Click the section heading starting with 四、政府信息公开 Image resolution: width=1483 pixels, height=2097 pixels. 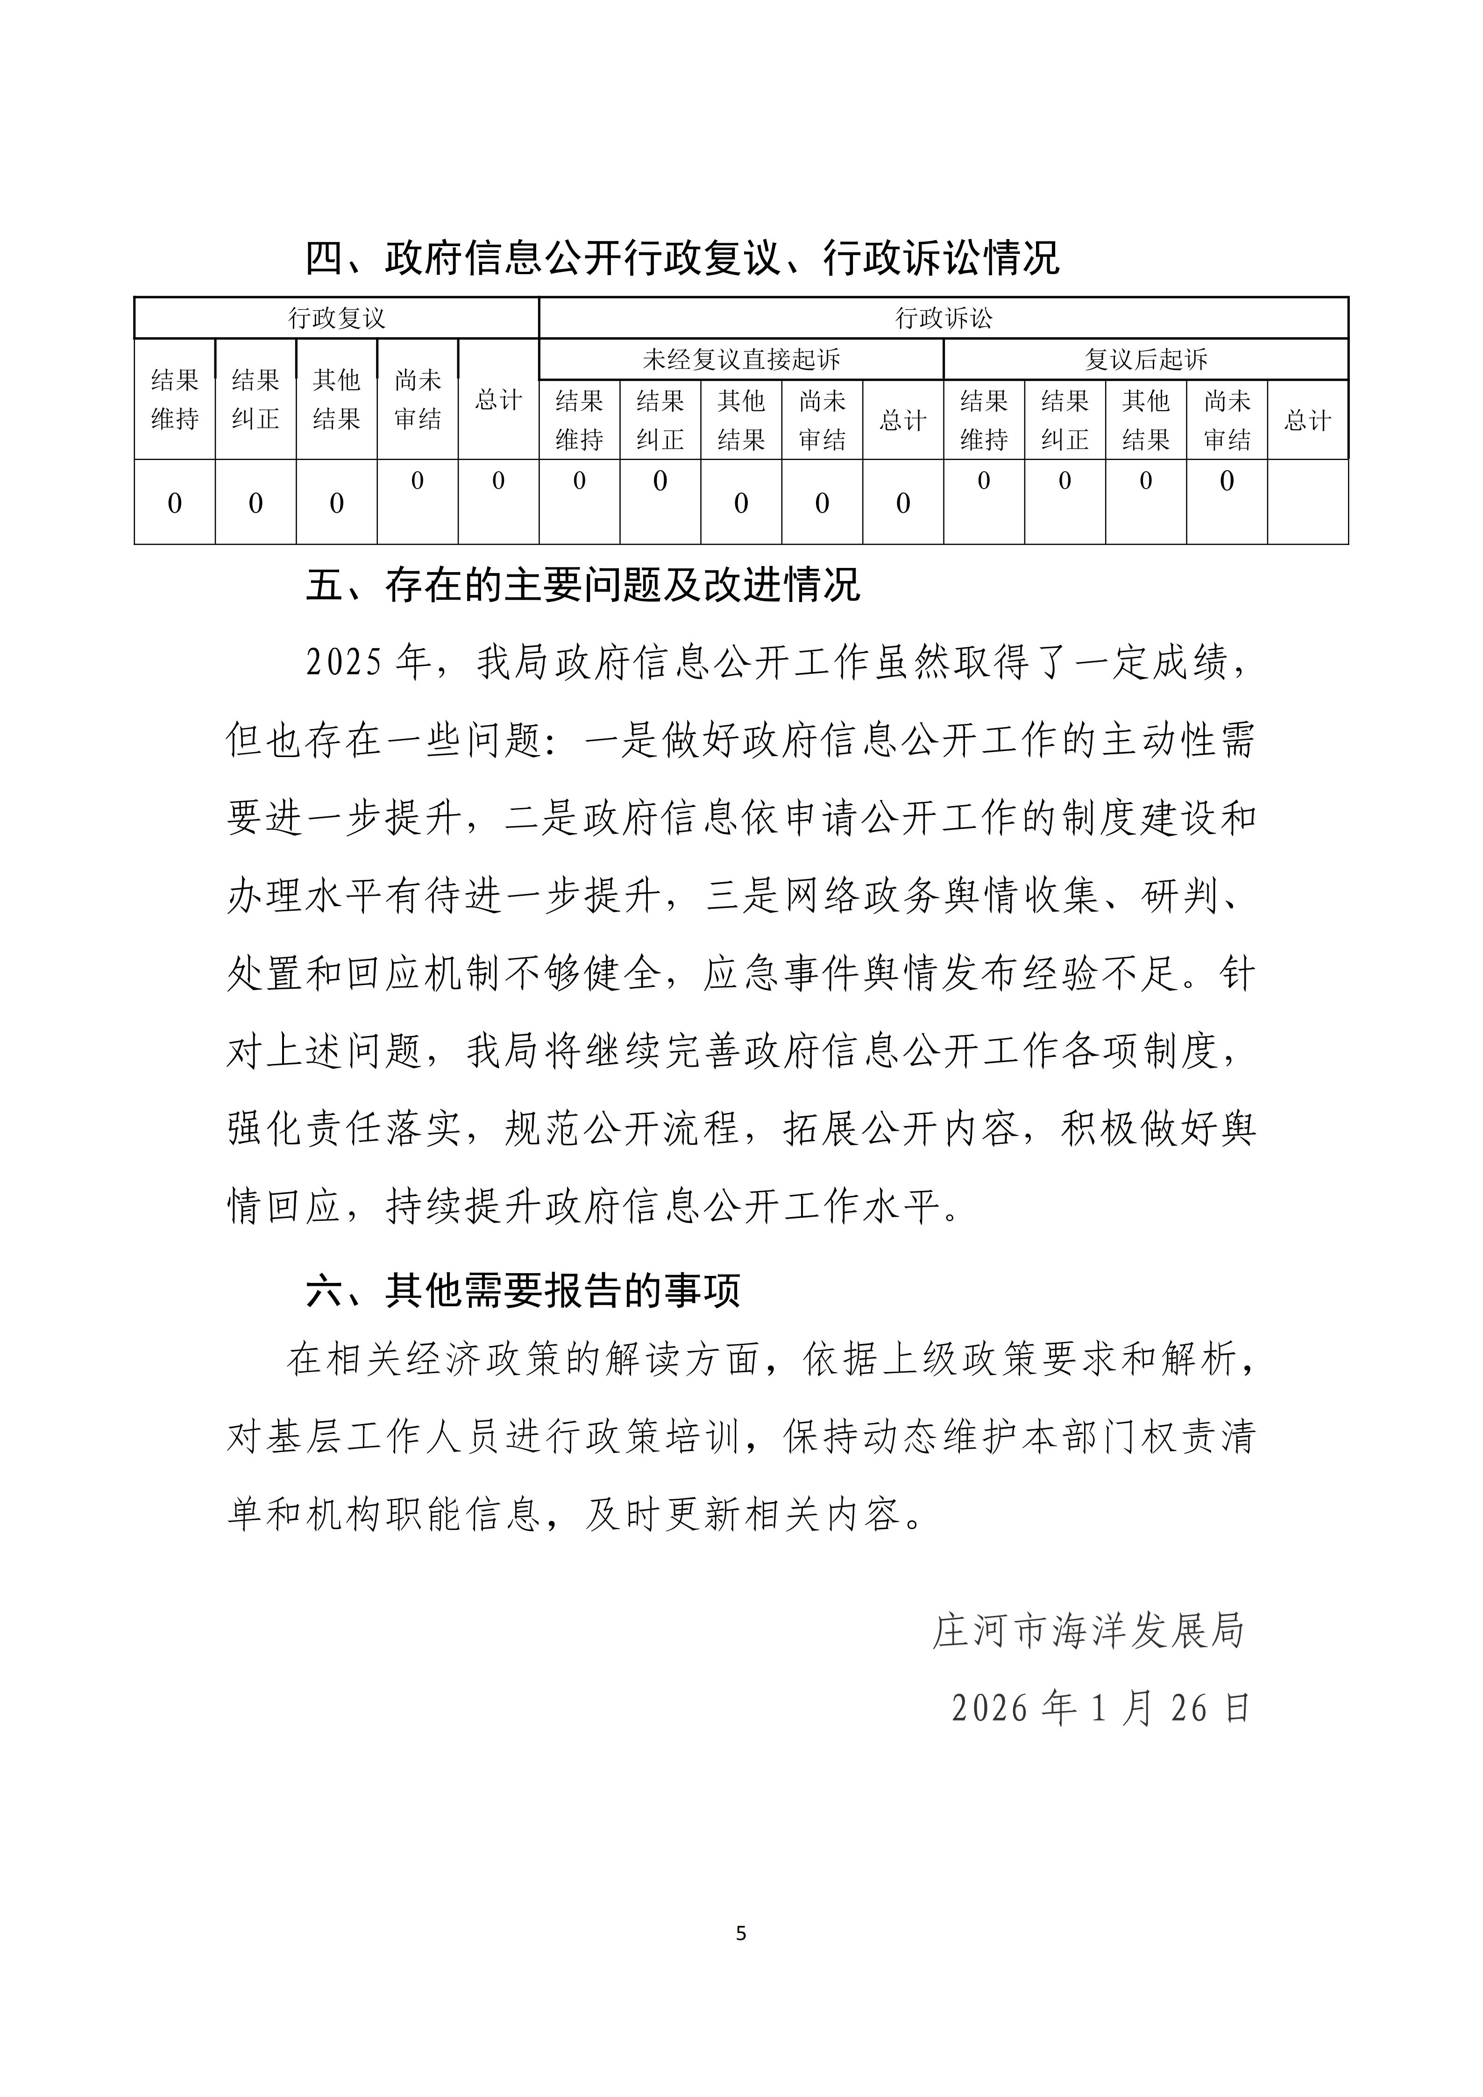coord(682,258)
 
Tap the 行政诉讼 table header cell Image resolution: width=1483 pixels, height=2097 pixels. coord(944,318)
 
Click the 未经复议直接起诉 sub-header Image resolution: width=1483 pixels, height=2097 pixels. coord(741,359)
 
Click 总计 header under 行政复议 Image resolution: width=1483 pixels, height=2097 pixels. coord(498,399)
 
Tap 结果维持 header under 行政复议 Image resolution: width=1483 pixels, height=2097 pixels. coord(174,399)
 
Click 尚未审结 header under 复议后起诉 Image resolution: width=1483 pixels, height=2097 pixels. coord(1227,420)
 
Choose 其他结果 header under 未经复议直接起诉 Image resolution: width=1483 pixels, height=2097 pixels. coord(741,420)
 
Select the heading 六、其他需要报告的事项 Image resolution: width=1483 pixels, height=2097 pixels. coord(522,1290)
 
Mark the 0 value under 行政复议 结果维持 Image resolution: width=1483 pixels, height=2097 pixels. coord(174,503)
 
